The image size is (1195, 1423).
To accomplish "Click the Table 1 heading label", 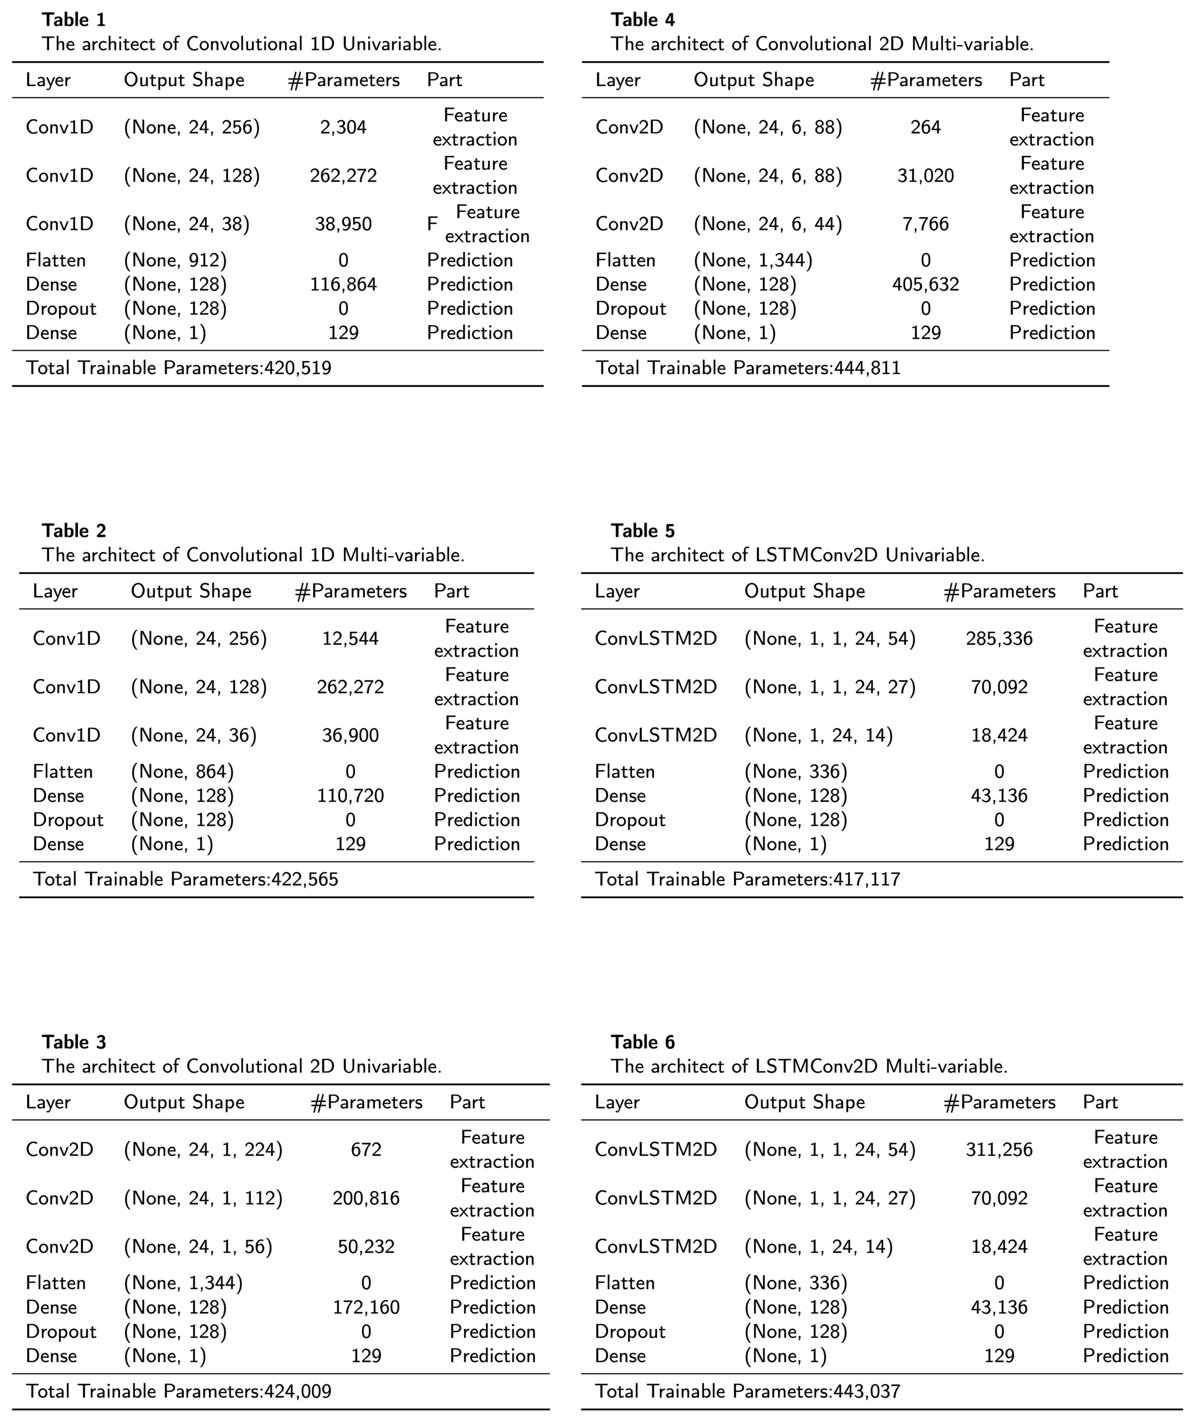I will pos(74,20).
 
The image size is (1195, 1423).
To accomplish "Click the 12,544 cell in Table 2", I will pos(350,639).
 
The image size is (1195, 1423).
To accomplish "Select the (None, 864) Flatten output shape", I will pos(182,771).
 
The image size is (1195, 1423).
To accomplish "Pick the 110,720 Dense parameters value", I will pos(350,796).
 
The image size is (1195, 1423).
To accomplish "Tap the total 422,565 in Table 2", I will pos(185,879).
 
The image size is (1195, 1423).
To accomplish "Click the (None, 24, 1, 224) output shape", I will pos(203,1150).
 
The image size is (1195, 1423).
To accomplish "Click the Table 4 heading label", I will pos(643,20).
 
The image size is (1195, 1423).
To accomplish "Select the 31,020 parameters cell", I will pos(925,176).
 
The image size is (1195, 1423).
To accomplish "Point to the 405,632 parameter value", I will pos(925,285).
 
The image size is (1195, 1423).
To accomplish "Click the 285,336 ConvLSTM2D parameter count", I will pos(999,639).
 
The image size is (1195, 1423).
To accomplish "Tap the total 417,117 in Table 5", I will pos(747,879).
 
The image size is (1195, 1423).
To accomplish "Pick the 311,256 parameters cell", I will pos(999,1150).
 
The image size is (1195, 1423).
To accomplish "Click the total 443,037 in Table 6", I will pos(747,1391).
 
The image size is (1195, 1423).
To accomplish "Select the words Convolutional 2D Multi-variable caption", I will pos(894,44).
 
